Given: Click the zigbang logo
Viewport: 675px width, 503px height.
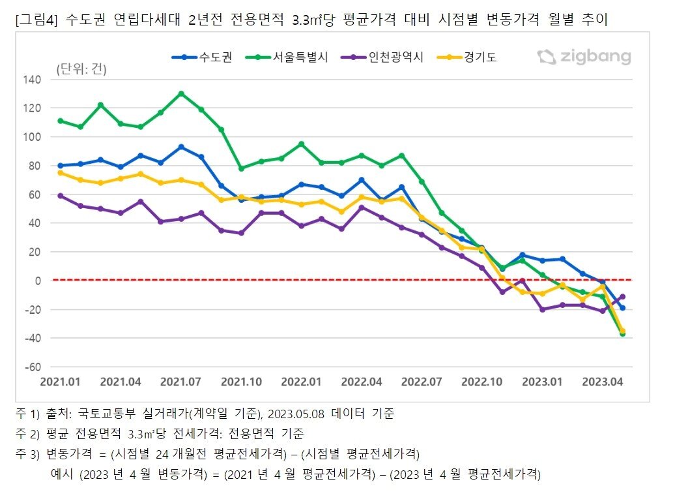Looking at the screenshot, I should (x=584, y=57).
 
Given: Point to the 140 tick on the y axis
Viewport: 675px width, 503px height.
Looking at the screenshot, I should (x=33, y=80).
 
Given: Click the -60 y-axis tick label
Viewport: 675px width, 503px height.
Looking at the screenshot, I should (x=33, y=367).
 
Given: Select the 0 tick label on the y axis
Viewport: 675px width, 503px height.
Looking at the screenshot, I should (x=38, y=281).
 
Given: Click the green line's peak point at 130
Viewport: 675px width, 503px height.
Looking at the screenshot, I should (x=181, y=93).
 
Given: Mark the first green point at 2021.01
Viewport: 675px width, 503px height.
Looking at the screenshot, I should (x=61, y=121).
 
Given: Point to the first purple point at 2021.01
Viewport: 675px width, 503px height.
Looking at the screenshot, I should (x=61, y=196).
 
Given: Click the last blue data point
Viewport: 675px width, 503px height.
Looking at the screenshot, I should (x=622, y=308).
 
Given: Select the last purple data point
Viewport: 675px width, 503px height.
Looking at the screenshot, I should (x=622, y=296).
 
